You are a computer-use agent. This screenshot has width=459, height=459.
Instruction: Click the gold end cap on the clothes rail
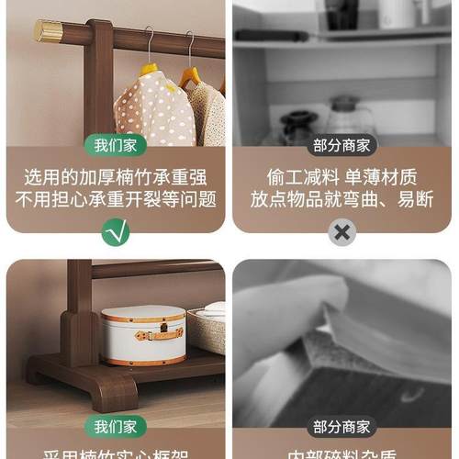[x=48, y=32]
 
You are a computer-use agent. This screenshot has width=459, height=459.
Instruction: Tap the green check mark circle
[x=115, y=232]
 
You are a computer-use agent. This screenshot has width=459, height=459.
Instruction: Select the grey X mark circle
[x=342, y=232]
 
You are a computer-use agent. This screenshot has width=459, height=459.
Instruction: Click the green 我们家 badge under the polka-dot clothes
[x=115, y=145]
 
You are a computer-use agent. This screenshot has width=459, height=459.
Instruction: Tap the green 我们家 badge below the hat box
[x=115, y=427]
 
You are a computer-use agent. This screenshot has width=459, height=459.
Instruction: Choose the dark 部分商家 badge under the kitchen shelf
[x=342, y=145]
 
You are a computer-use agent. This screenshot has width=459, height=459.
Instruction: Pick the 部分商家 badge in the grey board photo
[x=342, y=427]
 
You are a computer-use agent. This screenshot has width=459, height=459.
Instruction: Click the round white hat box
[x=143, y=335]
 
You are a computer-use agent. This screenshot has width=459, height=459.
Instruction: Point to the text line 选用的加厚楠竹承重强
[x=115, y=176]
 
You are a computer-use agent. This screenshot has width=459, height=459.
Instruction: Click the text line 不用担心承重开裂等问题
[x=115, y=198]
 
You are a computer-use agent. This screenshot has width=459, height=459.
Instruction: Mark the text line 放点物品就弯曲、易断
[x=342, y=198]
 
